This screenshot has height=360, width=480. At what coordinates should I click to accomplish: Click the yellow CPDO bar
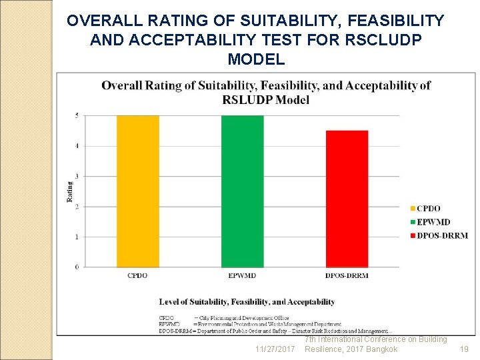tap(137, 191)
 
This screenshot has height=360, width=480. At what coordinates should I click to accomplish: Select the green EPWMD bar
tap(242, 191)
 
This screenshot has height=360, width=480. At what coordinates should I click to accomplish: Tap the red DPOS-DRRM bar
tap(347, 199)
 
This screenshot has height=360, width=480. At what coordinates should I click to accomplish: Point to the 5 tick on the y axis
tap(77, 116)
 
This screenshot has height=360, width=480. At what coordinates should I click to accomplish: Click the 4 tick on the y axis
tap(77, 146)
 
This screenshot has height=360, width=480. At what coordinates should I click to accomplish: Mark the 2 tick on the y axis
tap(77, 207)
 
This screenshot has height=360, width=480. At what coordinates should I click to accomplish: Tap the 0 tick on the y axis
tap(77, 267)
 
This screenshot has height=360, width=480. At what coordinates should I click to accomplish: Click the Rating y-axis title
tap(69, 191)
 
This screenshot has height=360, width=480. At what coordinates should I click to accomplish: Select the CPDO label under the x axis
tap(137, 275)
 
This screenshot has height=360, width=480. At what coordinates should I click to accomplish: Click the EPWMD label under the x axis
tap(242, 275)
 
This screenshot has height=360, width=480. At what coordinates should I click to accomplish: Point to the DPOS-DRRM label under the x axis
tap(347, 275)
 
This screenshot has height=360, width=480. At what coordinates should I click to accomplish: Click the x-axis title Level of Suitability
tap(247, 302)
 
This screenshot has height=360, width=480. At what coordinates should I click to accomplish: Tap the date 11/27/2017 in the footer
tap(275, 349)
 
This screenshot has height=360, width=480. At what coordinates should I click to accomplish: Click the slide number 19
tap(464, 349)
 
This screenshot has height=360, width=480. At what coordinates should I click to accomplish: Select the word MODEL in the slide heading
tap(256, 59)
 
